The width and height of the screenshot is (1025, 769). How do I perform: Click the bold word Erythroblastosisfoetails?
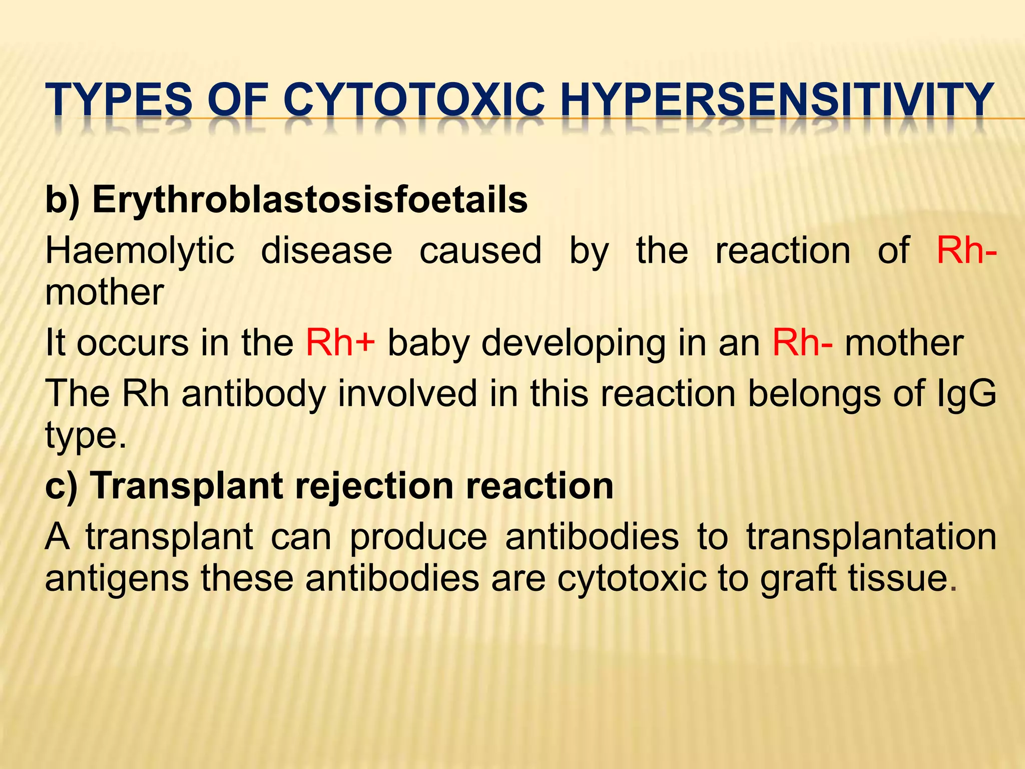(310, 200)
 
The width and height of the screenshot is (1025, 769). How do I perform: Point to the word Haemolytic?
(140, 251)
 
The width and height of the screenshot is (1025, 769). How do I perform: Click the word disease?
(326, 251)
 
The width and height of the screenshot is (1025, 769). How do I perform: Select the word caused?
(480, 251)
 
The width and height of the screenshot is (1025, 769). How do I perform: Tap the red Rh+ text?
(340, 343)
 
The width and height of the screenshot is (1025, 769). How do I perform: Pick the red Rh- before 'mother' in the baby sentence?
(802, 343)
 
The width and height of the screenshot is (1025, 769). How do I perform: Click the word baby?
(428, 344)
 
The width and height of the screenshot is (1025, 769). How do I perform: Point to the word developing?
(573, 344)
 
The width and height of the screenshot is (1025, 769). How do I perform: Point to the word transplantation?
(871, 537)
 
